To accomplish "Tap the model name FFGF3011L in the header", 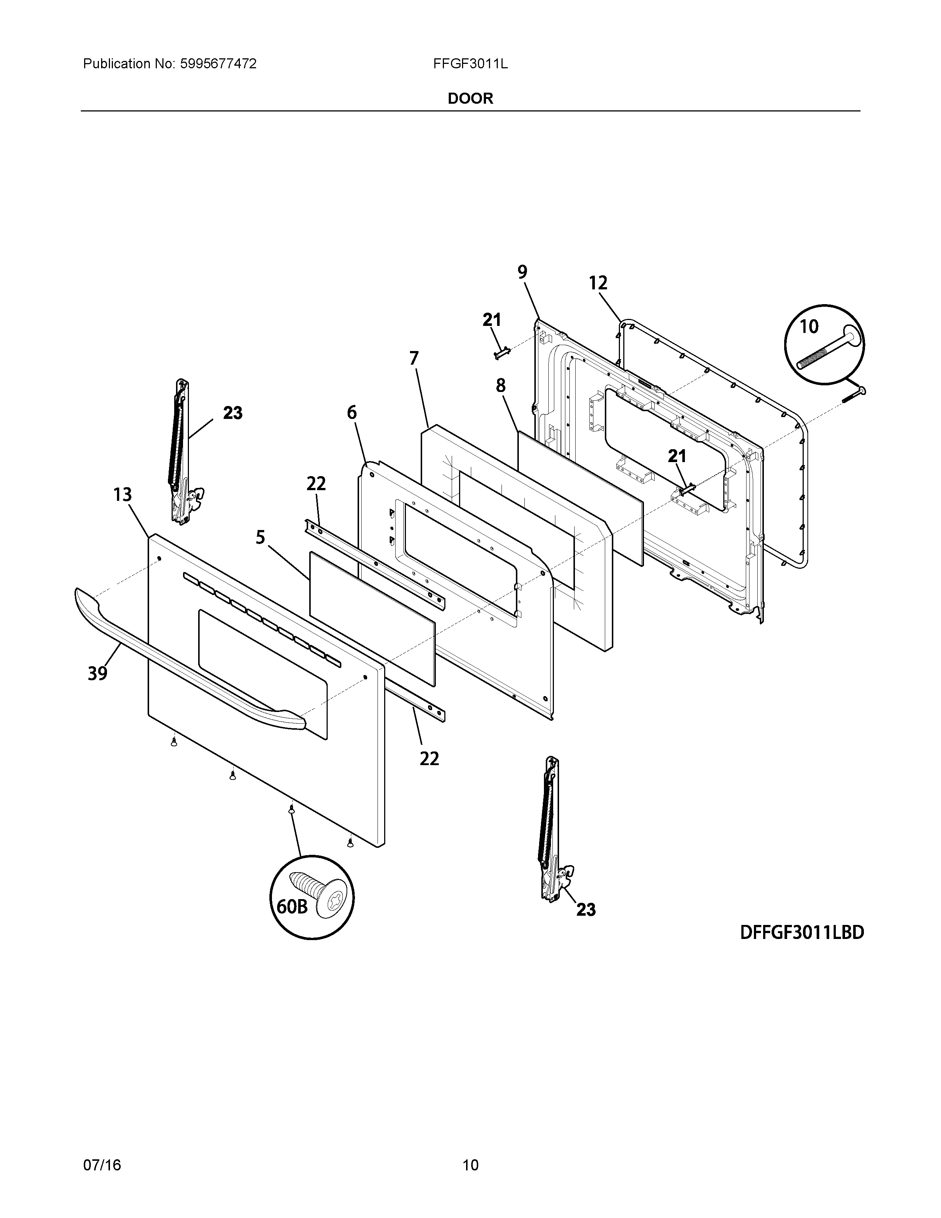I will click(x=470, y=64).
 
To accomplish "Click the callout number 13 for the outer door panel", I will click(x=123, y=494).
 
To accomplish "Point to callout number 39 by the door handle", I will click(x=97, y=674).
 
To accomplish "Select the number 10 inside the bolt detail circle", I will click(x=809, y=326).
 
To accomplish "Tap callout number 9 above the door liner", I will click(x=522, y=272).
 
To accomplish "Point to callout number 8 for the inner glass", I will click(x=501, y=385).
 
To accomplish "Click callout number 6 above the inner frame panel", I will click(x=351, y=412).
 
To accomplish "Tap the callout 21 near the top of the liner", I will click(x=491, y=320).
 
